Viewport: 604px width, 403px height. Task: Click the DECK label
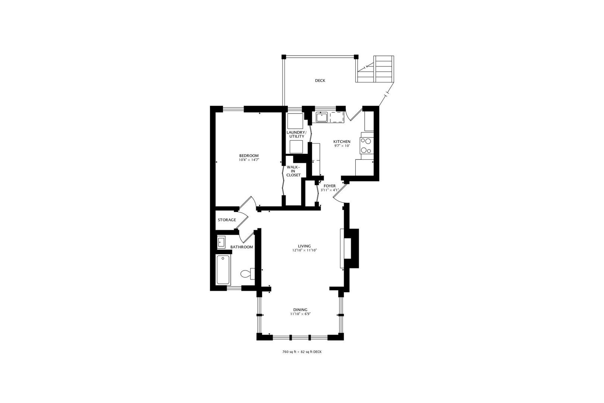point(320,81)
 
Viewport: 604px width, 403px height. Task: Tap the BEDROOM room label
point(249,156)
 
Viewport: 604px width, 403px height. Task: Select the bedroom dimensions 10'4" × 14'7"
point(249,160)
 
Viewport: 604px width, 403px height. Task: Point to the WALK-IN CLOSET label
point(293,171)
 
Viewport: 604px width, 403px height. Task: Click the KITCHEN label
point(342,141)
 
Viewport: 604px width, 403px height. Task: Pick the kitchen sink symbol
point(321,118)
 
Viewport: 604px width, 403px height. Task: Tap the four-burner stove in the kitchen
point(366,146)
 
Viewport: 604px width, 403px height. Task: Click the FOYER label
point(329,186)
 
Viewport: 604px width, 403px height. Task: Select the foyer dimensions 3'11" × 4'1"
point(330,190)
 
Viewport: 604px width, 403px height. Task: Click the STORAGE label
point(227,220)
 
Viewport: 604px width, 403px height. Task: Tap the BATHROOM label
point(241,247)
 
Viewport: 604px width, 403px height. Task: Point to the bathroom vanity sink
point(221,242)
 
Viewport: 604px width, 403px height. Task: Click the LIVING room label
point(304,246)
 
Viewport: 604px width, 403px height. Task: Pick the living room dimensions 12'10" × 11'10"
point(304,250)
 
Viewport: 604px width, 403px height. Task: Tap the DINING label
point(300,310)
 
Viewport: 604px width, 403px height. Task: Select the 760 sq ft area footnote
point(302,352)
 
